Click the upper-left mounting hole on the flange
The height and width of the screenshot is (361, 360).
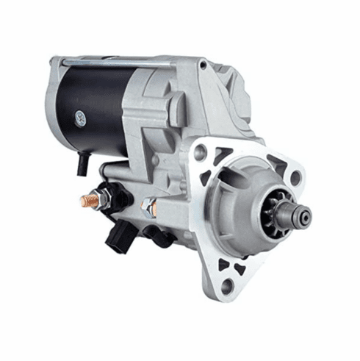tap(200, 153)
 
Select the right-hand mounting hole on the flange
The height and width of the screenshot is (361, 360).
tap(295, 176)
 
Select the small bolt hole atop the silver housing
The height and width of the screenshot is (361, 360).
tap(202, 65)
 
